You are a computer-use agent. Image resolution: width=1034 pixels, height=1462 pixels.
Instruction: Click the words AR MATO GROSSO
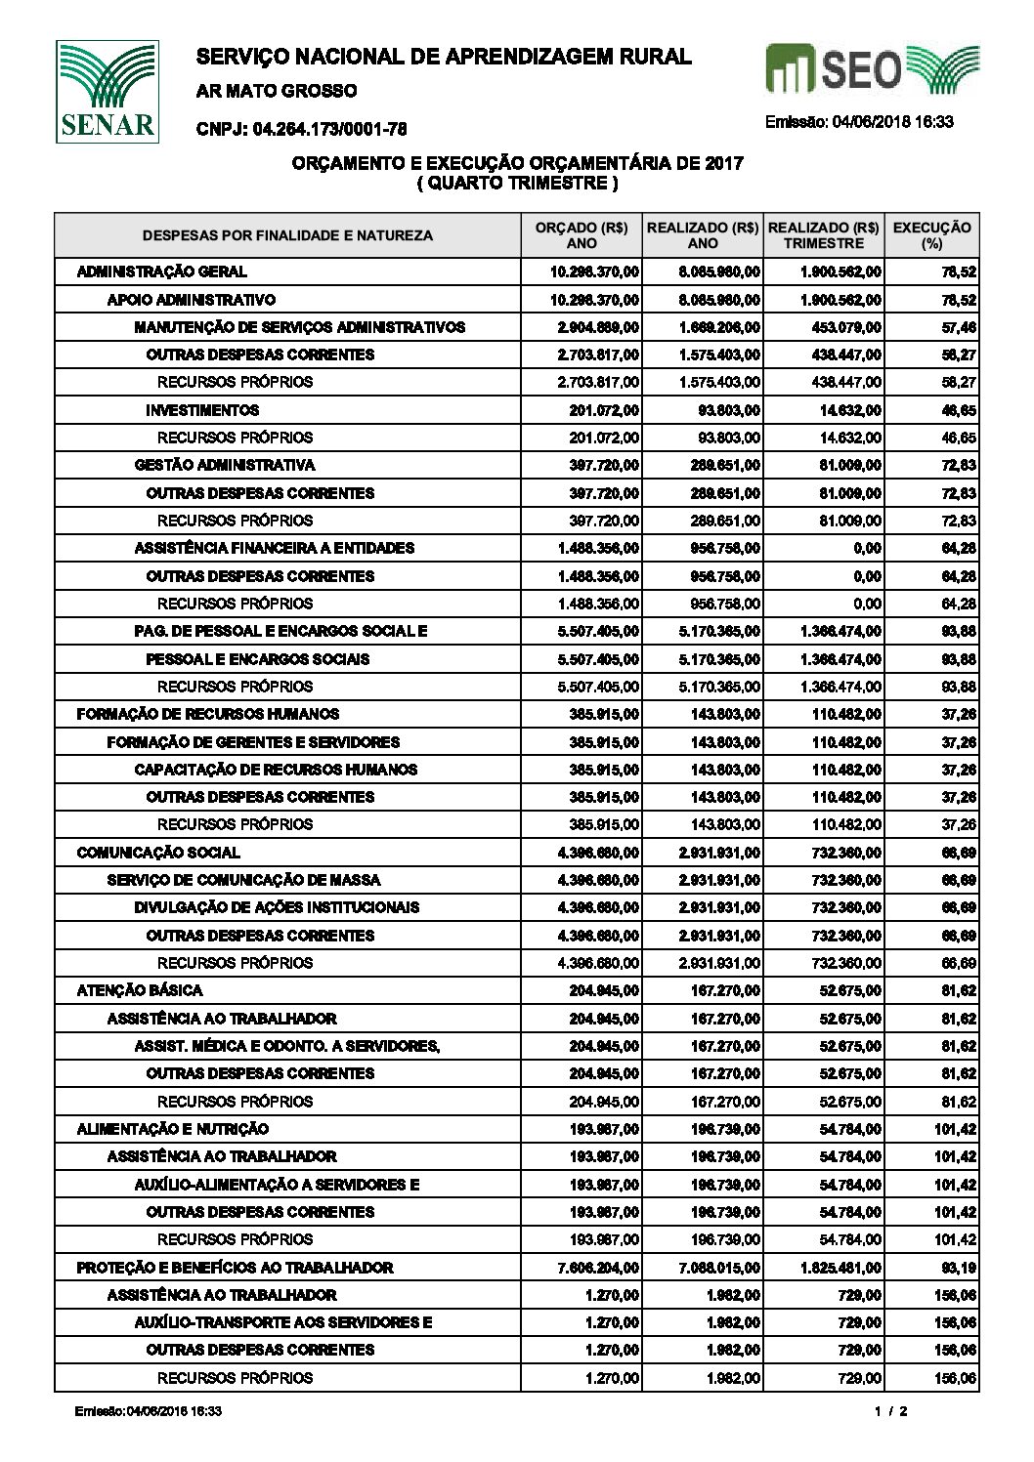point(277,91)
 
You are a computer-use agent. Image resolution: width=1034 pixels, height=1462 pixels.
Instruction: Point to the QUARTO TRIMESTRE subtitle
point(517,182)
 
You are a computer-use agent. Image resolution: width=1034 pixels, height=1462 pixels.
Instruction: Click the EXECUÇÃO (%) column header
point(932,235)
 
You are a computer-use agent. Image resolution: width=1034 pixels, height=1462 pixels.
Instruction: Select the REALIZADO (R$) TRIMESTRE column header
point(823,235)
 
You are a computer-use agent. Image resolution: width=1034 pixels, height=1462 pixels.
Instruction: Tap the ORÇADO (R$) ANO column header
point(582,235)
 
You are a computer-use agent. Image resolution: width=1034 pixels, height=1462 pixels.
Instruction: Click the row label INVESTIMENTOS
point(202,410)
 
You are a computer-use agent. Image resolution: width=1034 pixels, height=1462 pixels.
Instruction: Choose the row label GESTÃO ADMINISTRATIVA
point(225,465)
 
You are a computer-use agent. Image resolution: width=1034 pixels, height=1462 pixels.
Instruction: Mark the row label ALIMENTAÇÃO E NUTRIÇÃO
point(173,1129)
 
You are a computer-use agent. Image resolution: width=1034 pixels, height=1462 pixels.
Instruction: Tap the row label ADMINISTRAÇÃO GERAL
point(161,272)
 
